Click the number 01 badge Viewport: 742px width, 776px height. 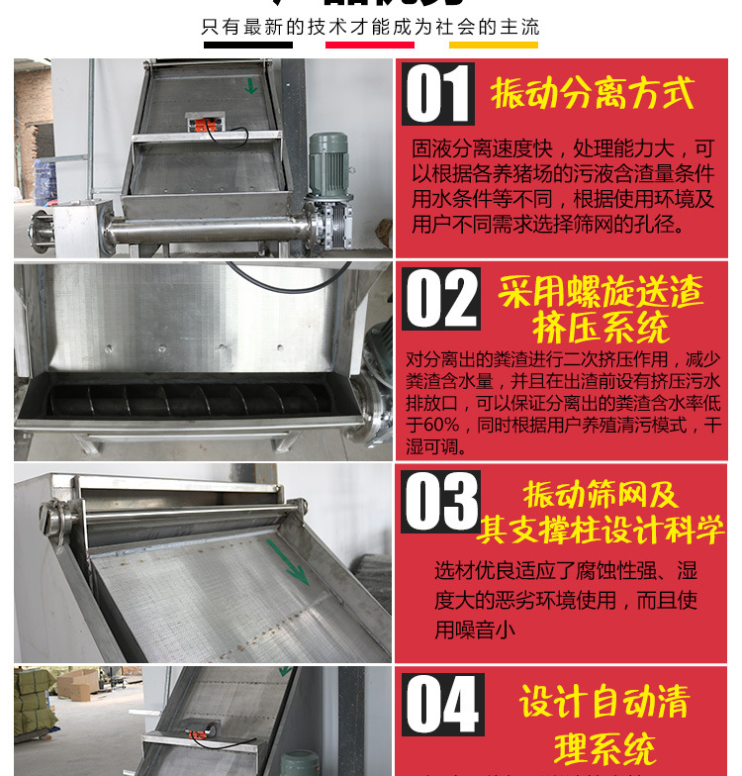click(438, 95)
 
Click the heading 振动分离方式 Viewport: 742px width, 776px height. click(593, 94)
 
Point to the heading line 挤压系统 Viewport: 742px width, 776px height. click(601, 327)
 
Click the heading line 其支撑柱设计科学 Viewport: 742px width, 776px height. click(600, 530)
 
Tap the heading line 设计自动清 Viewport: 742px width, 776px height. click(604, 704)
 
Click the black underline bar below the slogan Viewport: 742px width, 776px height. click(248, 45)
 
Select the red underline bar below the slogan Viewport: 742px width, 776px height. click(370, 45)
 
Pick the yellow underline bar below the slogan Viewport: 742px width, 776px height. click(493, 45)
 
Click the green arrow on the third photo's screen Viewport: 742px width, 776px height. click(286, 562)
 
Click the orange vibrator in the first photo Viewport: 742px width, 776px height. click(209, 126)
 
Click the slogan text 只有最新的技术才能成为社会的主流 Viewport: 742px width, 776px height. click(370, 26)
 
